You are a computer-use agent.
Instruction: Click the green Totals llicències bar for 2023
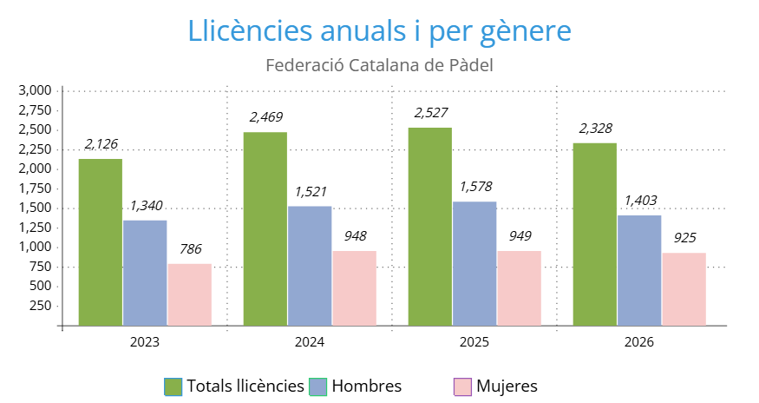[101, 242]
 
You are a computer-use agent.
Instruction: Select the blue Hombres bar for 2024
[310, 266]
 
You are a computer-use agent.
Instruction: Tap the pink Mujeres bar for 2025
[519, 288]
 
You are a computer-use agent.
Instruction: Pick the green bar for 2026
[595, 235]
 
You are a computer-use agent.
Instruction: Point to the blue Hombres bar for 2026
[639, 270]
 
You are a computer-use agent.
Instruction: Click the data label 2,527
[431, 113]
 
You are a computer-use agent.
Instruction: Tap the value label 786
[190, 249]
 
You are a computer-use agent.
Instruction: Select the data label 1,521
[311, 191]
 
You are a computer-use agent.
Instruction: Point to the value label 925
[684, 237]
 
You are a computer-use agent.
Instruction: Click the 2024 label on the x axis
[310, 343]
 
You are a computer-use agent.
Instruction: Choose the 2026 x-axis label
[639, 343]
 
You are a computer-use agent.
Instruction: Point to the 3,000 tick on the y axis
[36, 90]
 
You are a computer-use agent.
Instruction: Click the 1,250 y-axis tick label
[36, 228]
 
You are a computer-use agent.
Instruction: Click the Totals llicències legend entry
[234, 386]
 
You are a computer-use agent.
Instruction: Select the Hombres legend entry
[356, 386]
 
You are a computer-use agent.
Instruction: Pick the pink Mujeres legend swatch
[462, 386]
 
